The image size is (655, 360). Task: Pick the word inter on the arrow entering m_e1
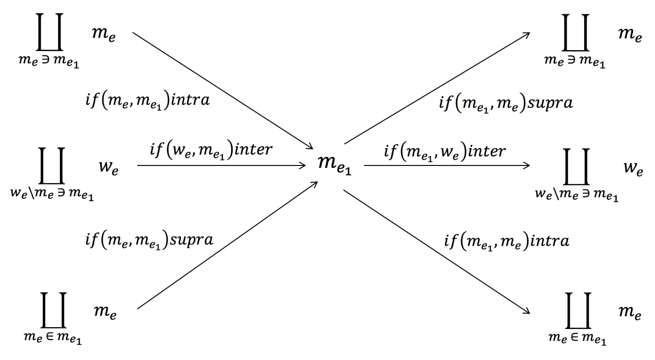point(253,150)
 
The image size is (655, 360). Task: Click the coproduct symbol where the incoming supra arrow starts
point(52,310)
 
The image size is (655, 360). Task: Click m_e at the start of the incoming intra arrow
point(104,36)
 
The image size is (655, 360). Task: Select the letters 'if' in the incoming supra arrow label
point(91,240)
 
